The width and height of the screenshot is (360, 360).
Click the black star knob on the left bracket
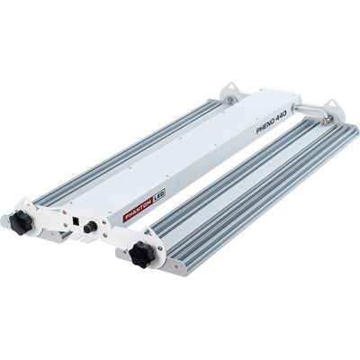point(21,222)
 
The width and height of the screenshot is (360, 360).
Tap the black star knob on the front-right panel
point(141,254)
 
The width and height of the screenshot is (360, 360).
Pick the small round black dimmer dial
point(89,227)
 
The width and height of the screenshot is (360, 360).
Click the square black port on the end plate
point(76,220)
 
